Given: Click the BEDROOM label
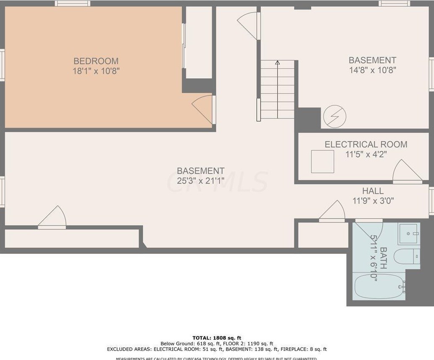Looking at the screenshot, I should (96, 61).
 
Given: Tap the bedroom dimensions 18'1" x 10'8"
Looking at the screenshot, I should (96, 71).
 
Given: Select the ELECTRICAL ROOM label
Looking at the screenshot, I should (366, 145).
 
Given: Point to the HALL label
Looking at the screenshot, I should (373, 191).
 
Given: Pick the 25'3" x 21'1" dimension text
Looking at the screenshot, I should (200, 181).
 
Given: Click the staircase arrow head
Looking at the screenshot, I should (277, 63).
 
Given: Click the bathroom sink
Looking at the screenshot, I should (408, 233).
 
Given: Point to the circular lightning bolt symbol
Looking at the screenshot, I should (334, 116).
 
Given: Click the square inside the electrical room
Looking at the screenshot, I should (322, 161).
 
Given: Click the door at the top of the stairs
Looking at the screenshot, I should (248, 24).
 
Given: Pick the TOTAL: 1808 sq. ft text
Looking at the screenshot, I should (217, 338).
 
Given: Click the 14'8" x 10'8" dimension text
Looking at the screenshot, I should (372, 70).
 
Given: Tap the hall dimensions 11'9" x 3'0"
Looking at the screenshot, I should (373, 201).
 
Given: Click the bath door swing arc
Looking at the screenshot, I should (370, 231).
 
